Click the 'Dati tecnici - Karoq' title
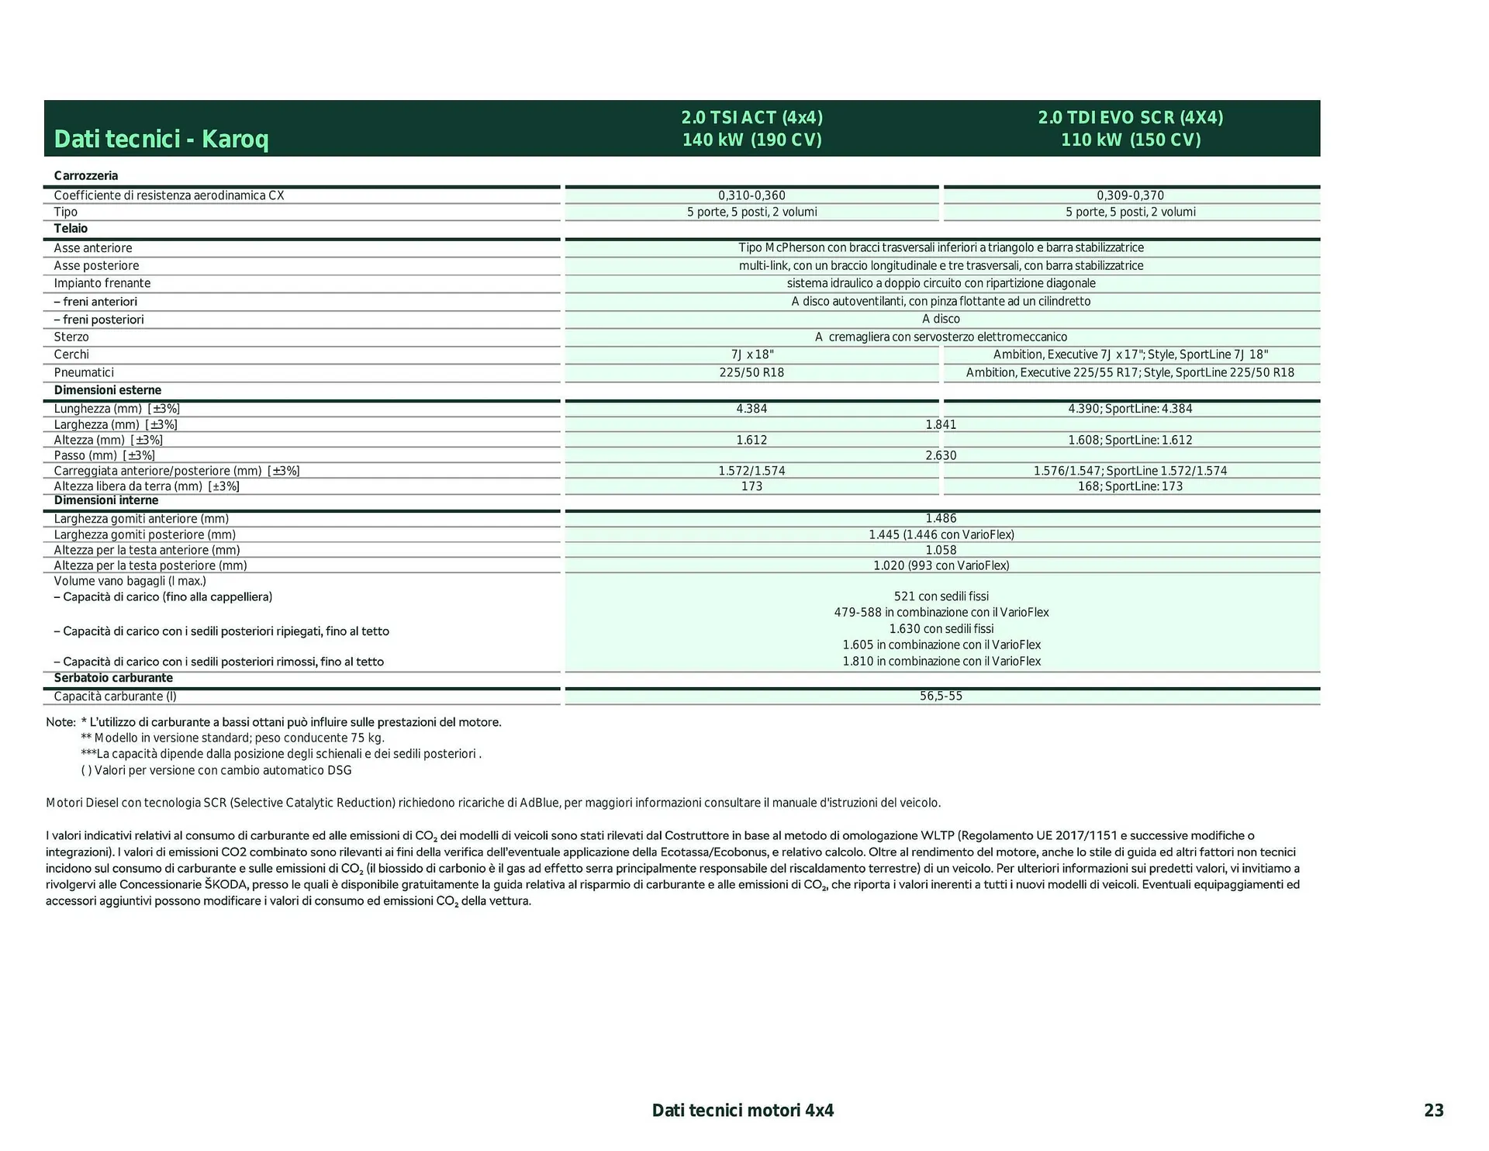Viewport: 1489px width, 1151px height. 161,140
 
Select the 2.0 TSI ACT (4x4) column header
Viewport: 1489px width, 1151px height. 751,129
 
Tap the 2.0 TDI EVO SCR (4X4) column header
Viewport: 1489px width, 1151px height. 1131,129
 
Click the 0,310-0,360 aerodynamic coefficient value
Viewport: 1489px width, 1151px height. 751,195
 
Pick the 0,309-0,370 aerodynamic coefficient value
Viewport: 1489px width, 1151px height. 1130,195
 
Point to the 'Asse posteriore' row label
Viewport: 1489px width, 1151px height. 96,266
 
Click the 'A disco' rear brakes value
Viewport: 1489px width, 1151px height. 941,319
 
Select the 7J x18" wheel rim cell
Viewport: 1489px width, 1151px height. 751,354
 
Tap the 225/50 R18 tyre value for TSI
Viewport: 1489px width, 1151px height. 751,372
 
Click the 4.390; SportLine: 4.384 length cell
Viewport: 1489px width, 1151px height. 1130,409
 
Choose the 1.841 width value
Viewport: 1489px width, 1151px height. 941,424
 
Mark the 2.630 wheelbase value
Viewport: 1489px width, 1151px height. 941,455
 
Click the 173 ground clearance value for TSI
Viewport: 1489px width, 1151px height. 751,486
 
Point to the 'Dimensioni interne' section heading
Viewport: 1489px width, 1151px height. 106,500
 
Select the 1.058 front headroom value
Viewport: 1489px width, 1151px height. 941,550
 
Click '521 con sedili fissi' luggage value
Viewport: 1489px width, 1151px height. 941,596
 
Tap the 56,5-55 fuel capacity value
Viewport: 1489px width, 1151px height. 941,696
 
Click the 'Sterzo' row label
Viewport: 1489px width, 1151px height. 71,337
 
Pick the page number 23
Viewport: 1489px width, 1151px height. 1433,1111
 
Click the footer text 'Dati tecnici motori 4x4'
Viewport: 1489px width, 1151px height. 742,1111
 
